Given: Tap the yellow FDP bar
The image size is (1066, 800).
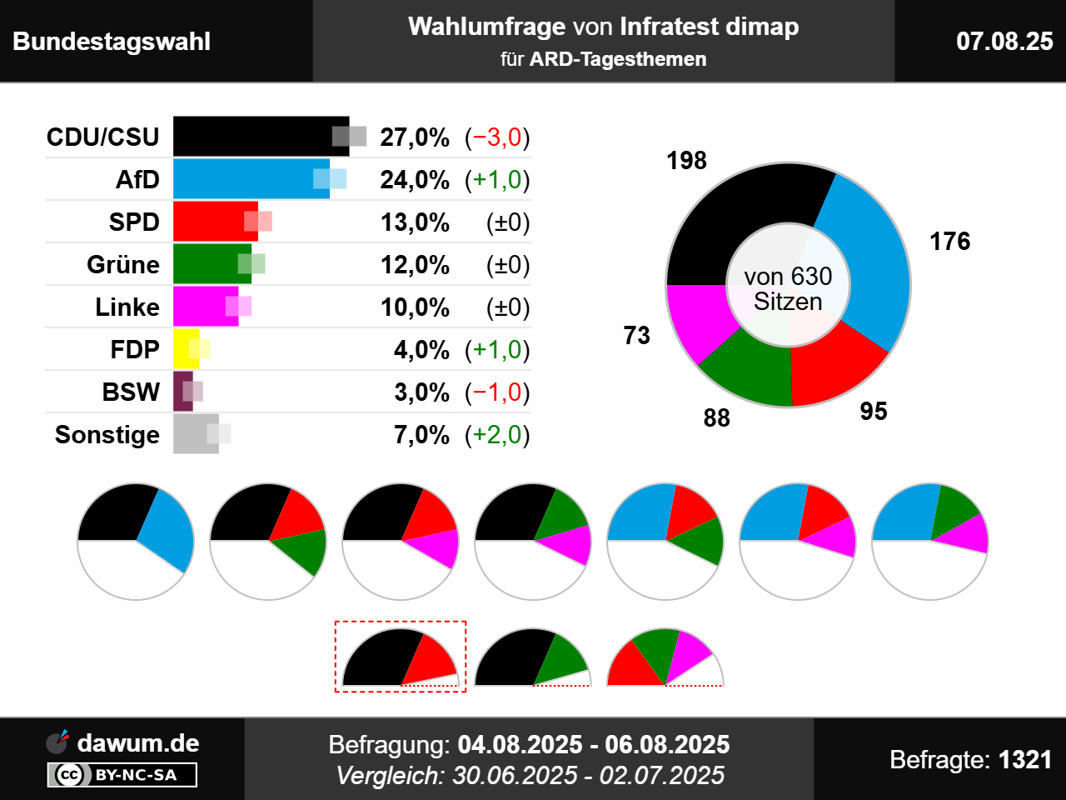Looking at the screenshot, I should coord(185,349).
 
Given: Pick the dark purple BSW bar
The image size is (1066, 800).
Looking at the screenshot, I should coord(182,392).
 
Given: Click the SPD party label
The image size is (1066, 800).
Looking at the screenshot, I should coord(134,222).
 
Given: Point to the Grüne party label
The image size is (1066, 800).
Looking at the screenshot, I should coord(123,265).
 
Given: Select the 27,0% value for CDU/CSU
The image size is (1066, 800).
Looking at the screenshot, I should coord(415,137).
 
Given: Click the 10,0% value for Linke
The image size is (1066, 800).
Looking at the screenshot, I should coord(415,307).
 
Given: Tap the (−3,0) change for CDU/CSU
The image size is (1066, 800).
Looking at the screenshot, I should coord(497,137).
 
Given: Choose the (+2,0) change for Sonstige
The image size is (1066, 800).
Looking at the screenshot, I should coord(497,435).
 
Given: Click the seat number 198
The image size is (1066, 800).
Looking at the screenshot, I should coord(686,161).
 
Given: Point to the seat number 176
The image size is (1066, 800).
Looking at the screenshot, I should coord(949,242).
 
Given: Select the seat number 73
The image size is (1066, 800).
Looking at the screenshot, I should coord(636,336).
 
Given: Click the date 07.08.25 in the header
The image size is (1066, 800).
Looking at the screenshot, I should coord(1004,42).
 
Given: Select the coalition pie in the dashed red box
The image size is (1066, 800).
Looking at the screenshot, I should coord(401,658).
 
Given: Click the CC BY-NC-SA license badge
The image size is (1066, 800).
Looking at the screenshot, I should coord(122,775).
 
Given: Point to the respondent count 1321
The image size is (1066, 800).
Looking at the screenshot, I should coord(1024,760).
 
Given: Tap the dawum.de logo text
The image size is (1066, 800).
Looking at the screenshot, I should coord(137,743).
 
